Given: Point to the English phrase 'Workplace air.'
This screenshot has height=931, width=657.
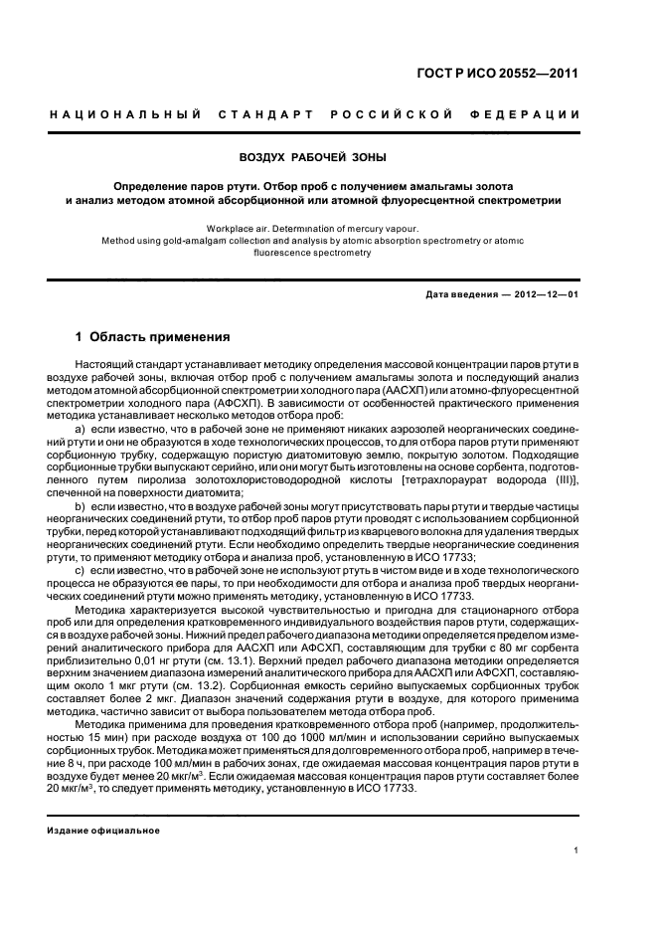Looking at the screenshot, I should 236,228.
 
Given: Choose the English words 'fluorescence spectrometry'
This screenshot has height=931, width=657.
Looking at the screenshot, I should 313,253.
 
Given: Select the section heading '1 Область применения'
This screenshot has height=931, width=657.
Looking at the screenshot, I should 153,338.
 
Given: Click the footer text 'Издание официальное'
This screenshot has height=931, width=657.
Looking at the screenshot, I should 103,830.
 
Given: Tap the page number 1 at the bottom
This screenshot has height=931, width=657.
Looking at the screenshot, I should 576,848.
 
